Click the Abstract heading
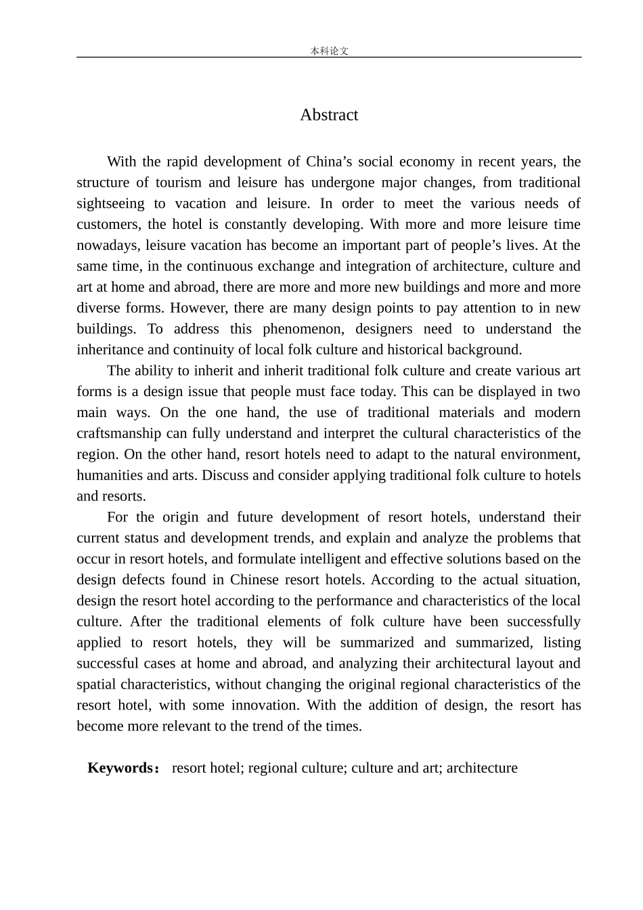click(x=329, y=115)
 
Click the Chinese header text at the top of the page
click(x=329, y=51)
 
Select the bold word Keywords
click(x=120, y=768)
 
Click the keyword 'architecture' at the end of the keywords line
click(x=482, y=768)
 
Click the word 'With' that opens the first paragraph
click(x=121, y=162)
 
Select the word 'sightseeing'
click(x=110, y=204)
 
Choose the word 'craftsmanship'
click(x=119, y=433)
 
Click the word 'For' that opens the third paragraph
click(x=117, y=517)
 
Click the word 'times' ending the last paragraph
click(x=342, y=727)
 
